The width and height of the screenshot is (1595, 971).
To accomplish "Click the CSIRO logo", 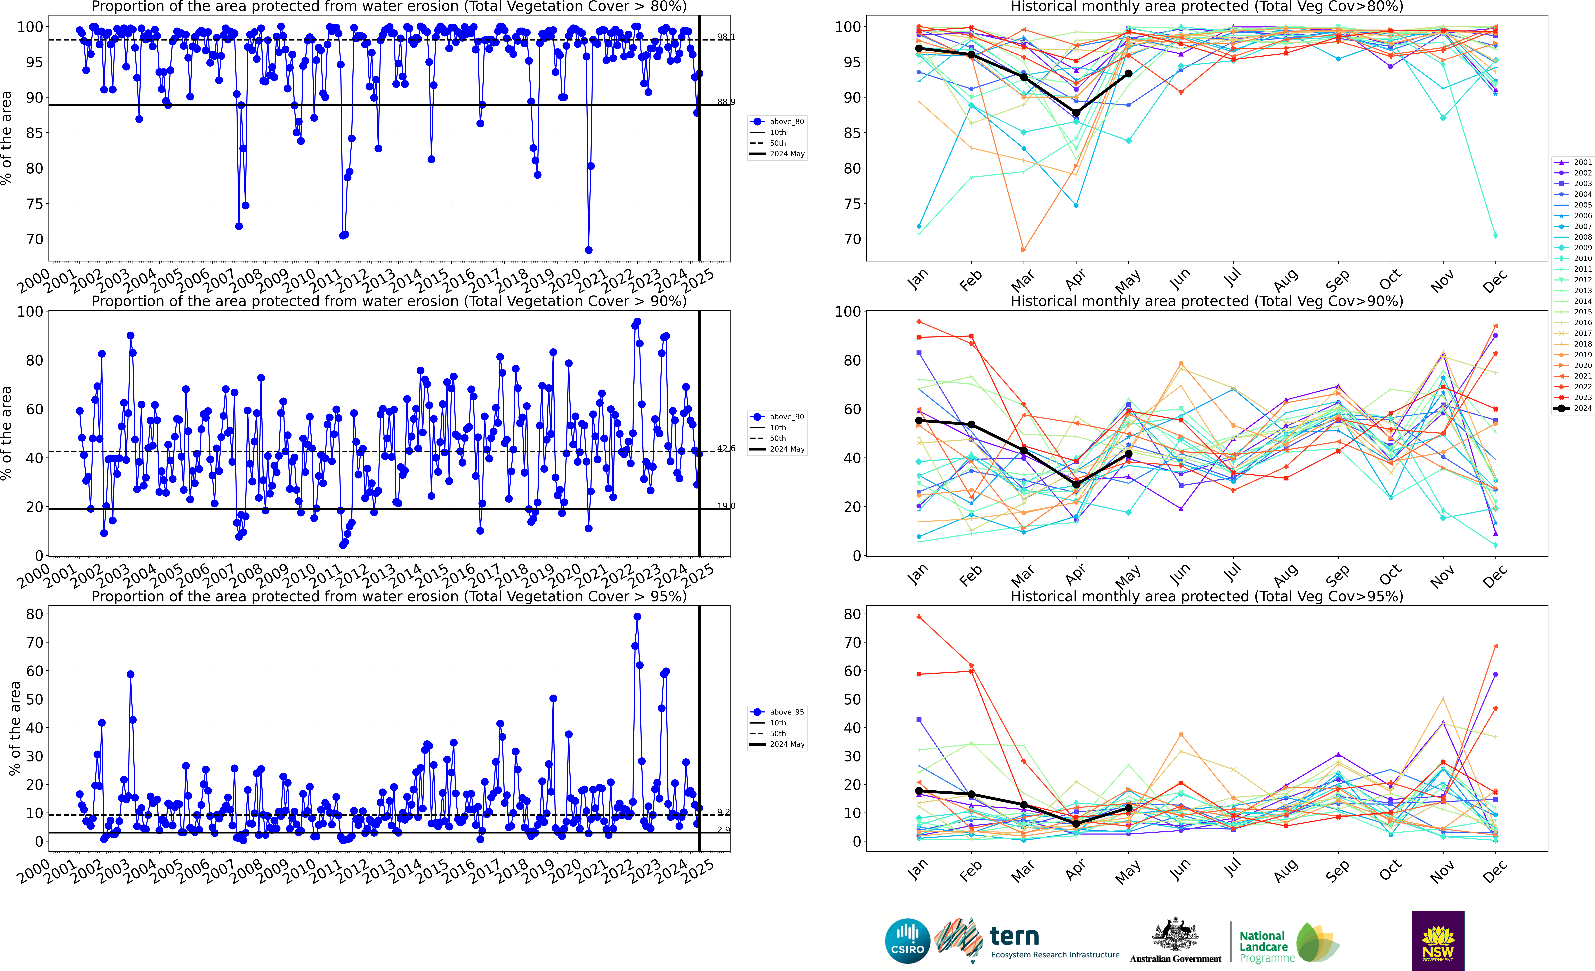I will tap(907, 941).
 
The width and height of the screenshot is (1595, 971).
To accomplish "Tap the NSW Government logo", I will tap(1438, 941).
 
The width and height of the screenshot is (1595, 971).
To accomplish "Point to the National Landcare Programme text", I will tap(1266, 946).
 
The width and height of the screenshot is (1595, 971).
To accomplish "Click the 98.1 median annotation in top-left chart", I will tap(726, 37).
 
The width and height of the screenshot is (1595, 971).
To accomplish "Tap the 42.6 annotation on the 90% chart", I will tap(726, 449).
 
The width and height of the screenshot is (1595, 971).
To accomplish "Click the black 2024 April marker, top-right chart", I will tap(1076, 113).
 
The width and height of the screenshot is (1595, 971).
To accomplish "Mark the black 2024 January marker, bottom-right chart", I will tap(919, 791).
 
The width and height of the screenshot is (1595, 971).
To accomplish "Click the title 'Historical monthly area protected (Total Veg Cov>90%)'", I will tap(1207, 302).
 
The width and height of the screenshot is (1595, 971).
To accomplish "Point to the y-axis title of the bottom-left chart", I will tap(14, 728).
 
